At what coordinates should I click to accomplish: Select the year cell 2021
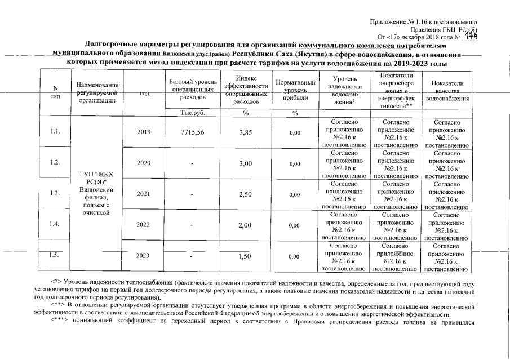click(144, 194)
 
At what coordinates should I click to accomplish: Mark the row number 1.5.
click(55, 256)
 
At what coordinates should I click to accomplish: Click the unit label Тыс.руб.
click(192, 113)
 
